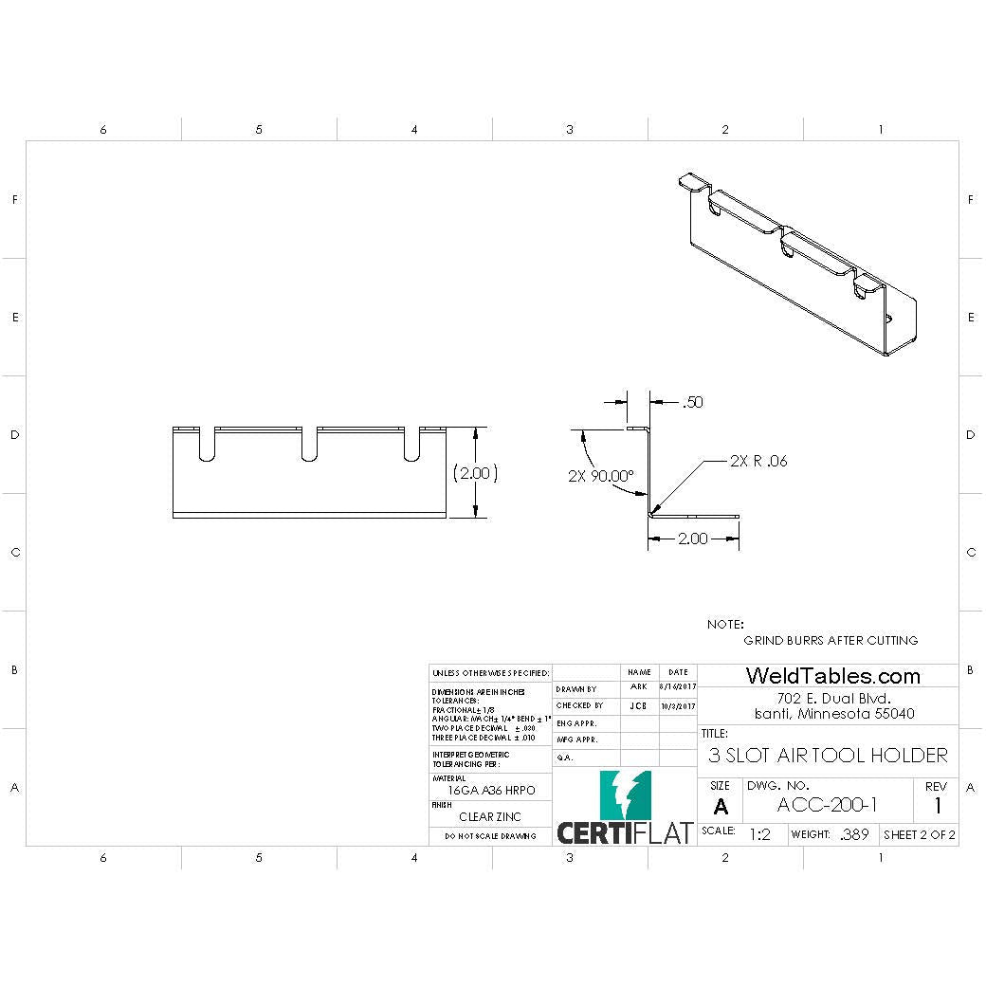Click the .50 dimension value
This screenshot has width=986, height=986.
pos(692,403)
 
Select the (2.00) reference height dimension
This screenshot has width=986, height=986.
pos(475,472)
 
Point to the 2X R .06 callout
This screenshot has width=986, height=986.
pos(758,462)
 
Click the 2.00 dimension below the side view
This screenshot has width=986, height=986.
pos(692,539)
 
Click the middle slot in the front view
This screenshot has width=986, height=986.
pos(309,446)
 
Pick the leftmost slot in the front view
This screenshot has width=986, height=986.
pos(207,446)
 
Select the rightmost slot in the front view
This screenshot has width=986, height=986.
pos(412,446)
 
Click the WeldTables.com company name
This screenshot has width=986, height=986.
pos(832,676)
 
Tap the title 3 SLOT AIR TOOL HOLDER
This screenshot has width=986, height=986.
pos(828,755)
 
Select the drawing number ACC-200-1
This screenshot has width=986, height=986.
pos(827,805)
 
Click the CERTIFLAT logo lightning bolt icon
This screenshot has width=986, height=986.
pos(626,794)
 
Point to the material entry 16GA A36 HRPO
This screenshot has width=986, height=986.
pos(490,790)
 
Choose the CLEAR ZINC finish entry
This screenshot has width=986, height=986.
pos(490,816)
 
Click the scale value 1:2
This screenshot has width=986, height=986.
pos(759,835)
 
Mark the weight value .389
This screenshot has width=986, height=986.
pos(853,835)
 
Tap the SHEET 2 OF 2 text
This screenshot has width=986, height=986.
pos(919,835)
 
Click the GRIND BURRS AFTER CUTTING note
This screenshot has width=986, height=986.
pos(831,640)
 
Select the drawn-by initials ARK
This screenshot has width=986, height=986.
pos(639,686)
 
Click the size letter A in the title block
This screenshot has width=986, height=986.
pos(721,807)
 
